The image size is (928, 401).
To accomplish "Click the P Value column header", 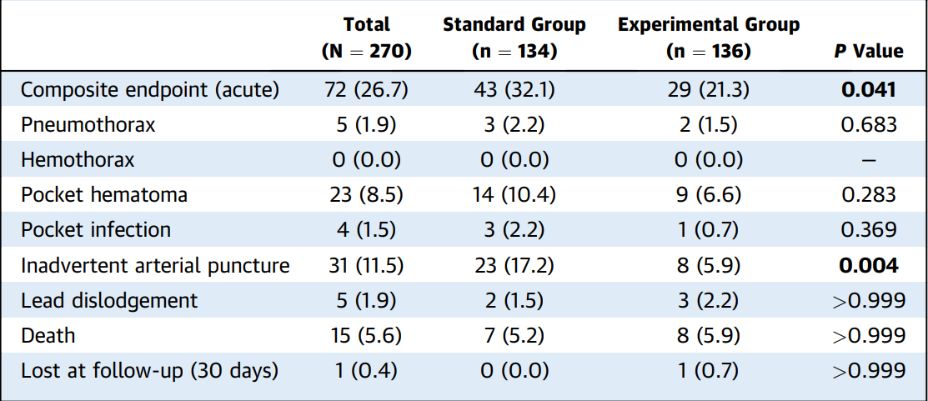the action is pos(869,52).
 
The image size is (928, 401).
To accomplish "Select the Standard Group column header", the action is pos(514,38).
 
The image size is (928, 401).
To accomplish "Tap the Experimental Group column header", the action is pos(709,38).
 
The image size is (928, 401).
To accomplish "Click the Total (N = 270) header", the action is pos(366,38).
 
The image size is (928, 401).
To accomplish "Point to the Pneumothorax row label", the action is pos(88,125).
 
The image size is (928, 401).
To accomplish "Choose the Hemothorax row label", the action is pos(78,160).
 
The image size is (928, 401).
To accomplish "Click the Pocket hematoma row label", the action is pos(104,195).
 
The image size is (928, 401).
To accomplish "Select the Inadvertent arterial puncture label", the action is pos(155,266).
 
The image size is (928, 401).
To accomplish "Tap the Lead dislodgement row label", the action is pos(109,300).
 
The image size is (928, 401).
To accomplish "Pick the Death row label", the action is pos(48,335).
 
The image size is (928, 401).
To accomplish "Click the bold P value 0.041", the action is pos(868,90).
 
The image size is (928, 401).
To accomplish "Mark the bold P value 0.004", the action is pos(868,266).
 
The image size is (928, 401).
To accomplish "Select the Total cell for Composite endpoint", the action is pos(366,91).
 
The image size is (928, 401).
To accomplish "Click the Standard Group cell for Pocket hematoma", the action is pos(514,195).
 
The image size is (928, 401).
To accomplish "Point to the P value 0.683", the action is pos(868,125).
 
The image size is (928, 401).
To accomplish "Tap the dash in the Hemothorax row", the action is pos(868,161).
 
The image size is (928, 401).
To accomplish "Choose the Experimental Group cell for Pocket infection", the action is pos(709,231).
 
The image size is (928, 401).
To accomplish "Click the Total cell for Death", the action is pos(366,336).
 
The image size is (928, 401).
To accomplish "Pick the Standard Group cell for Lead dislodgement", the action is pos(514,301).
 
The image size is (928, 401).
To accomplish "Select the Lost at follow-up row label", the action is pos(149,371).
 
